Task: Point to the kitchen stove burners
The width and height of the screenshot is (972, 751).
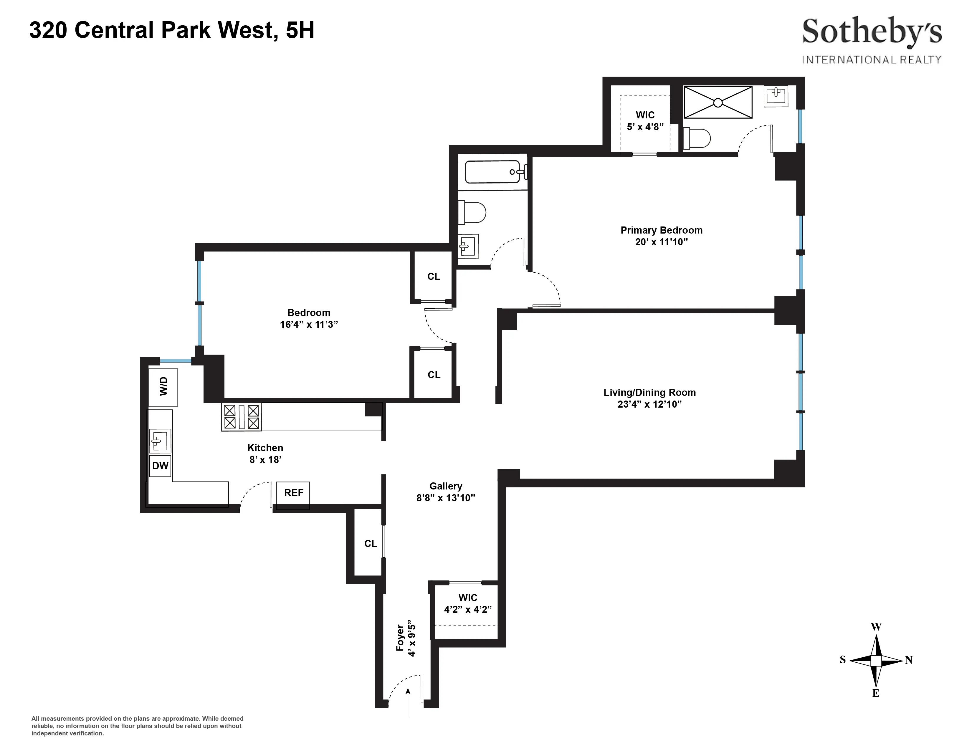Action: tap(241, 416)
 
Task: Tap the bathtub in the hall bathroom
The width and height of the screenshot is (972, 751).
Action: tap(493, 172)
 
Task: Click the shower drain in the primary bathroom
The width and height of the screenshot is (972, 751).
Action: tap(718, 103)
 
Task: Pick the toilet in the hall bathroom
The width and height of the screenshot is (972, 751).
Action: tap(472, 213)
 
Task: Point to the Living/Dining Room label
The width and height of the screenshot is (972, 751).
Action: tap(649, 392)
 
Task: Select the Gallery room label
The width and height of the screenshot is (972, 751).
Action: tap(445, 486)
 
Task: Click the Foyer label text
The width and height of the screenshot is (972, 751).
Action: tap(400, 638)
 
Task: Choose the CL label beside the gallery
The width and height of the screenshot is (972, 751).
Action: tap(370, 544)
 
